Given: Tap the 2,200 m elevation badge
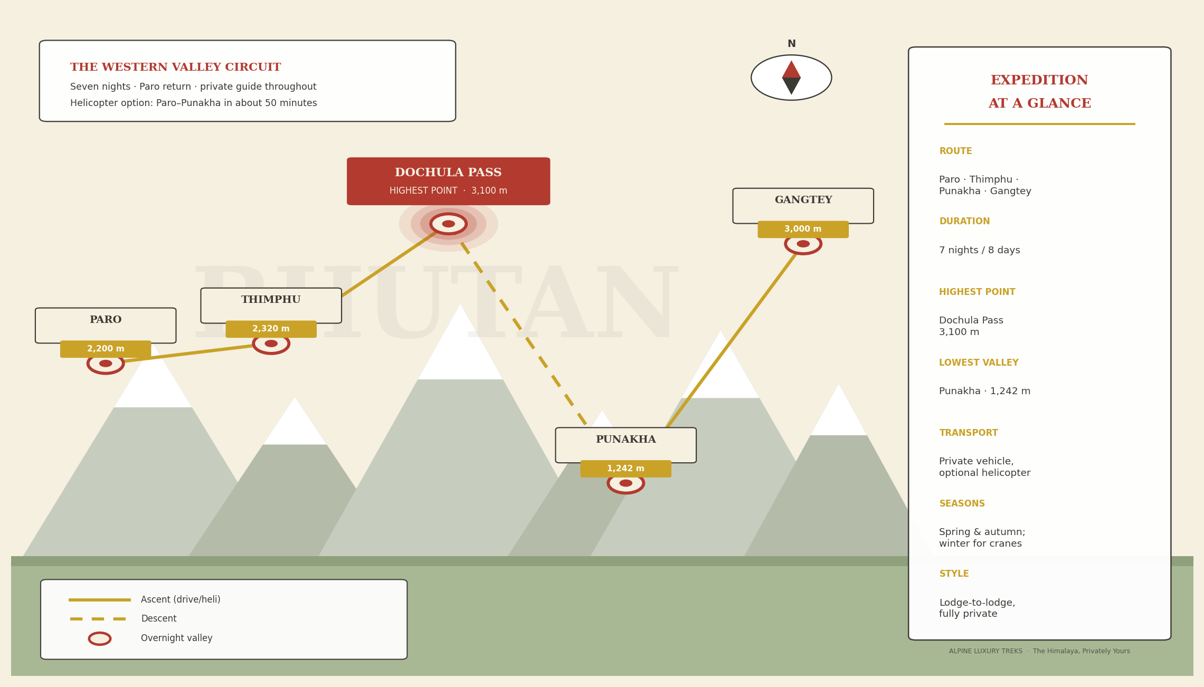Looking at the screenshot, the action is (106, 349).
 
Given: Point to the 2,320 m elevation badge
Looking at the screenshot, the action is (271, 329).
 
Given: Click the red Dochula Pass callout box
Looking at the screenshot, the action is (448, 181).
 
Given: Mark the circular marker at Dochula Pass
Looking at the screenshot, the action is (449, 224).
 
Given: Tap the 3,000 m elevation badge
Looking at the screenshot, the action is (803, 230).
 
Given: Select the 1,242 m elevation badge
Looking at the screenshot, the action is (626, 469).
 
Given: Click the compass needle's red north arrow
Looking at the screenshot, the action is (791, 70).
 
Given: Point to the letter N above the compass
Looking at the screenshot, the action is (791, 44).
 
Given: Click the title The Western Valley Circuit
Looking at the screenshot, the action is (176, 68).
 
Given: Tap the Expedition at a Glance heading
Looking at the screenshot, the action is (1039, 92).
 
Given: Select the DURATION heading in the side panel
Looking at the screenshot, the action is (964, 222).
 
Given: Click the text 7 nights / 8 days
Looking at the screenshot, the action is (979, 251).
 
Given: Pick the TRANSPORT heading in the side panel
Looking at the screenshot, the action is (969, 433).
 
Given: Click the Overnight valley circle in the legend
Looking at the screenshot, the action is (100, 638).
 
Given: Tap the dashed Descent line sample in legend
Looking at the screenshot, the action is (98, 619).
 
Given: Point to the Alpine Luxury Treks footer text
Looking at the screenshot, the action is (1039, 651).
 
